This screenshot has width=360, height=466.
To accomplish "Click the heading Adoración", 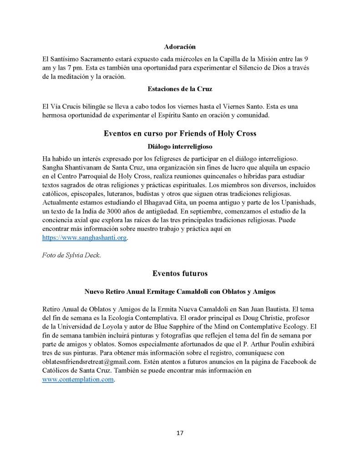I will (x=180, y=46).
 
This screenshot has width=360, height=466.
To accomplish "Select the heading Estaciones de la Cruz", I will (x=180, y=89).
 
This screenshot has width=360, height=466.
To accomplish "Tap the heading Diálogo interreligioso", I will (x=180, y=146).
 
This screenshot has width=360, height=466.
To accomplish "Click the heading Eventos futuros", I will (x=180, y=273).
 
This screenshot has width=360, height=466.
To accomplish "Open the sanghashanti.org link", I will (x=84, y=238).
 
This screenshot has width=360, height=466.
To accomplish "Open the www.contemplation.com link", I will (x=78, y=379).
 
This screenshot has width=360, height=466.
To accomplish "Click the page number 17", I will (x=180, y=433).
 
